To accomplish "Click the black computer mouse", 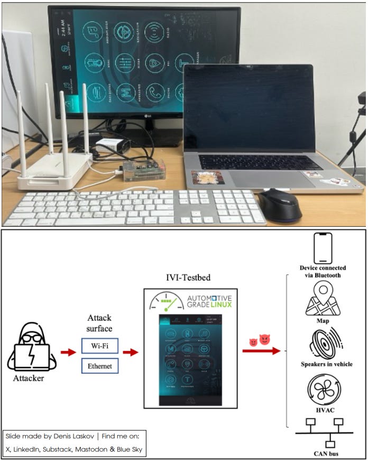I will coord(280,204).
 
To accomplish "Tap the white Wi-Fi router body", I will coord(53,172).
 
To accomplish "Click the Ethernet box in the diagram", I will coord(99,366).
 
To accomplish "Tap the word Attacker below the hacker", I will coord(29,379).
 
